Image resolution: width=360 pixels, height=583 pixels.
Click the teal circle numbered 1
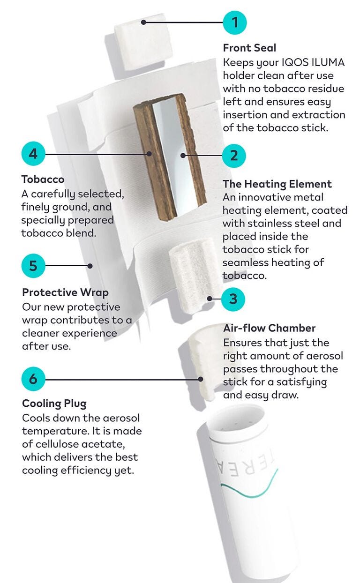point(235,22)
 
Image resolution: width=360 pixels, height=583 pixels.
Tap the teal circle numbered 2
point(234,156)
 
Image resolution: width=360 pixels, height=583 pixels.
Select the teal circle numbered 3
point(233,299)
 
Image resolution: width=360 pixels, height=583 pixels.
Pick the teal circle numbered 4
point(33,154)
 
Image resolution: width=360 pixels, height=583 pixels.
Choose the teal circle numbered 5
point(33,266)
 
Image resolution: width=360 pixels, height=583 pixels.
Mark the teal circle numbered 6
point(33,379)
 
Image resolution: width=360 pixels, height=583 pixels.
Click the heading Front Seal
point(249,48)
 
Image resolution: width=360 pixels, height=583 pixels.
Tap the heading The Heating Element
point(277,184)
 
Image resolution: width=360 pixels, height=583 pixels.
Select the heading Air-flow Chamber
point(269,328)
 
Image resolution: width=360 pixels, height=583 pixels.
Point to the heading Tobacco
point(43,179)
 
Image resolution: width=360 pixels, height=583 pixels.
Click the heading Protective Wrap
point(65,292)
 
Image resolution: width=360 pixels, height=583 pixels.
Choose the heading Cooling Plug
point(54,404)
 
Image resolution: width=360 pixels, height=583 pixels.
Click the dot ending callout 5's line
point(90,266)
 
